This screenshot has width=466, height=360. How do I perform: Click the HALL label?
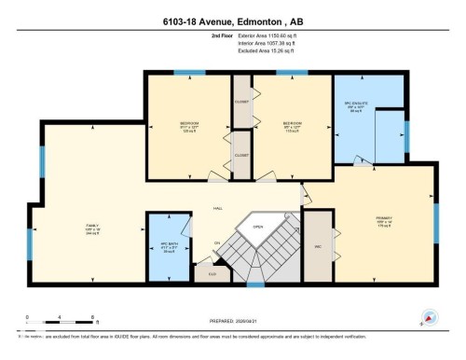pos(218,207)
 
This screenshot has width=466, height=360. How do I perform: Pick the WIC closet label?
pos(318,246)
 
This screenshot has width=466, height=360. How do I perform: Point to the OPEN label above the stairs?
pos(257,225)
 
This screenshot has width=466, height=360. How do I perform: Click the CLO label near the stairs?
pos(212,274)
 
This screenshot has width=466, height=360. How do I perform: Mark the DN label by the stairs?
pos(217,243)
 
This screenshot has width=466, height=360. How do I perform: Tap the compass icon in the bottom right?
pos(428,317)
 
